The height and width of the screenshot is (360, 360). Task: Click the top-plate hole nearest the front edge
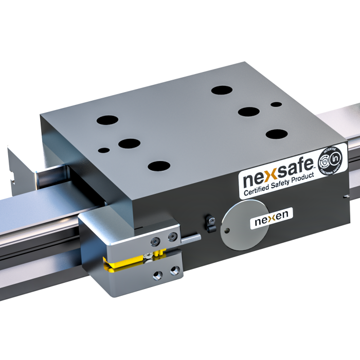[159, 166]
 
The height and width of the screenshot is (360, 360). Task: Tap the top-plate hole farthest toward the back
[222, 91]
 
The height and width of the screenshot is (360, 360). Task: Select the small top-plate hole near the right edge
[276, 104]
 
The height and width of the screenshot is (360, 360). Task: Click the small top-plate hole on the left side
[104, 151]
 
